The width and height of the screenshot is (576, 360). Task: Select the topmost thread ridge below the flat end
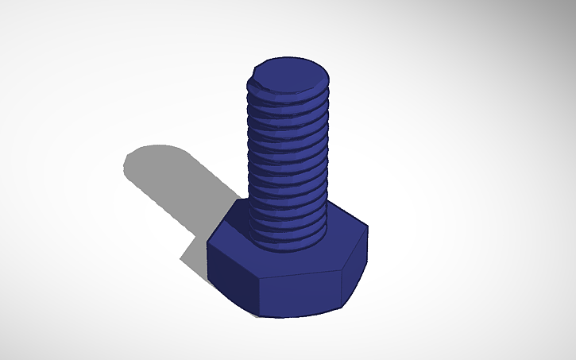point(288,98)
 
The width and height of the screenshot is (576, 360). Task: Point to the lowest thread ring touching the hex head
point(288,238)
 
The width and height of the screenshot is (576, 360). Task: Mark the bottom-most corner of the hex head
point(261,316)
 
